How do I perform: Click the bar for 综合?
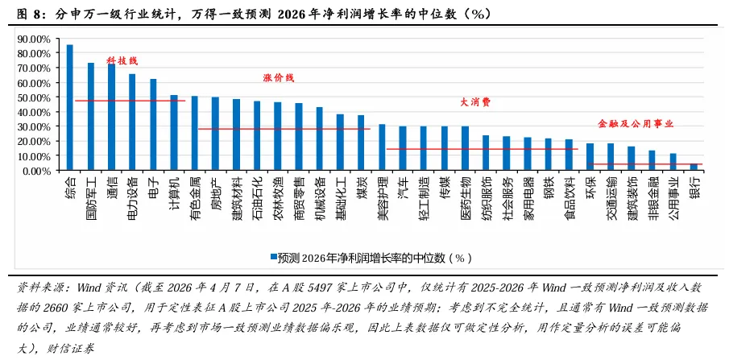pyautogui.click(x=69, y=107)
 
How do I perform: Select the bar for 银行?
pyautogui.click(x=694, y=167)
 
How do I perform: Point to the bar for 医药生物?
pyautogui.click(x=465, y=148)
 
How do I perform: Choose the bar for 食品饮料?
pyautogui.click(x=569, y=155)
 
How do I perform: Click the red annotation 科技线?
pyautogui.click(x=122, y=60)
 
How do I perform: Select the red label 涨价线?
pyautogui.click(x=279, y=77)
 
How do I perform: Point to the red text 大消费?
pyautogui.click(x=475, y=102)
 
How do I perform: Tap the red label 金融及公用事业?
pyautogui.click(x=636, y=124)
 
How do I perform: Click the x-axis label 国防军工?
pyautogui.click(x=91, y=194)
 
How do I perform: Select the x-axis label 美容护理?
pyautogui.click(x=383, y=194)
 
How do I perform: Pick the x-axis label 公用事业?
pyautogui.click(x=673, y=194)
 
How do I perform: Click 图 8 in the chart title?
pyautogui.click(x=30, y=14)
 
